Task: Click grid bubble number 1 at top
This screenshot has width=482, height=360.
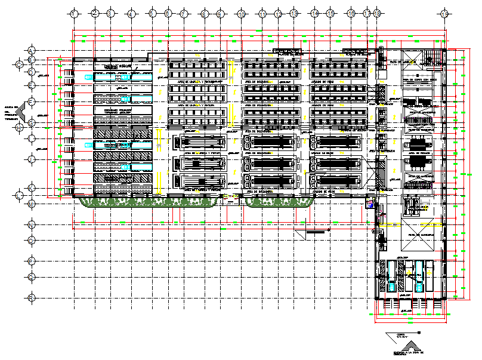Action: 74,13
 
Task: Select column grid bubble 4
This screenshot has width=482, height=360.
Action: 130,13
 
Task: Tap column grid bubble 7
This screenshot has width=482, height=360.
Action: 184,13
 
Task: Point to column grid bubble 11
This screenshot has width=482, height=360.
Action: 262,13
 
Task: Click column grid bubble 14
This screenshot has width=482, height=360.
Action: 314,13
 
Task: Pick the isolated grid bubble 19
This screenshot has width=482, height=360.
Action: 444,13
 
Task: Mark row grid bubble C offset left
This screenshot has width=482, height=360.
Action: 20,62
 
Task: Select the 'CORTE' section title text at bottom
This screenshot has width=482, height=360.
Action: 400,336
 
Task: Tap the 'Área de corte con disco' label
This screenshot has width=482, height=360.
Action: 421,78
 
